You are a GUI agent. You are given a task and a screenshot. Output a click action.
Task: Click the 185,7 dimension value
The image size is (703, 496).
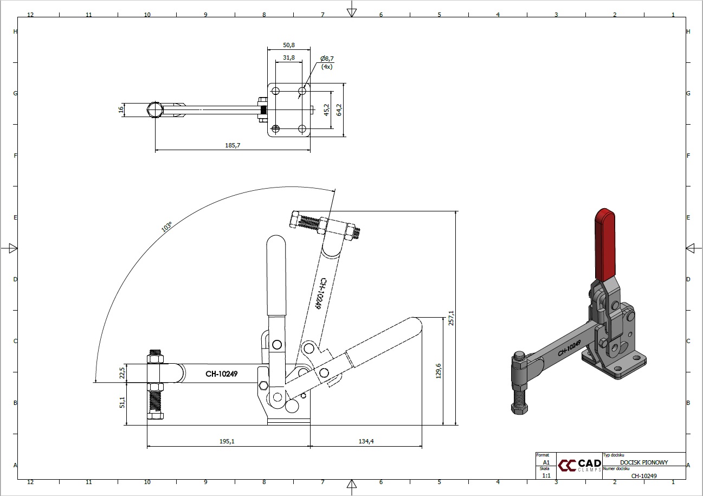tap(233, 145)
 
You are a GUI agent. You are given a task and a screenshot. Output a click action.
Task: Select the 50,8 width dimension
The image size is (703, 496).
tap(289, 45)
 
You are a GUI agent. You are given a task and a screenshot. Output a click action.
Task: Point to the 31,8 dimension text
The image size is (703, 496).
tap(289, 58)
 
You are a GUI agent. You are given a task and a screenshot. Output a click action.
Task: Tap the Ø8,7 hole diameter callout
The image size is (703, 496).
tap(327, 59)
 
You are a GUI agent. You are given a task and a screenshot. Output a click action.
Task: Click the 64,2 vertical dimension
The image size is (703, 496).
tap(339, 110)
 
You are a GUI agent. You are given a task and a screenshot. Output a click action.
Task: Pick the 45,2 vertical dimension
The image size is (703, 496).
tap(326, 110)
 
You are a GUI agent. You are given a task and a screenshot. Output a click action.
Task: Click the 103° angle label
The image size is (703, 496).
tap(166, 227)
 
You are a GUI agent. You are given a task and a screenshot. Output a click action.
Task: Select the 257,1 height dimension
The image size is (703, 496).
tap(451, 318)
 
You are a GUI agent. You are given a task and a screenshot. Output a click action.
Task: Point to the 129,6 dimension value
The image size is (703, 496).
tap(438, 371)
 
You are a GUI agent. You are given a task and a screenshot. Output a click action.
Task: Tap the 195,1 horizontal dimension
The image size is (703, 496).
tap(227, 441)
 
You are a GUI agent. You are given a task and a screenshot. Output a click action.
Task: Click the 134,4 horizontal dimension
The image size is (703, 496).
tap(366, 441)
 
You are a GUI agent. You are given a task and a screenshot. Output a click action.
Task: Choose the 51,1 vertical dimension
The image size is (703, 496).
tap(122, 402)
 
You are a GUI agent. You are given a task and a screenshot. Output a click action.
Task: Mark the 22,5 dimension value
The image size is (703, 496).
tap(122, 373)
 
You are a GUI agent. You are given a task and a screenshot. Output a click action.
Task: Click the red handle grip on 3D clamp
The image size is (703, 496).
tap(605, 245)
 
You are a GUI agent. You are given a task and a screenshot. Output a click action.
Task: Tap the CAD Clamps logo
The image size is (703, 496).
tap(579, 465)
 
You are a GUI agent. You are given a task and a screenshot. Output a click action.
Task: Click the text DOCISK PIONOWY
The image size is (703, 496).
tap(644, 462)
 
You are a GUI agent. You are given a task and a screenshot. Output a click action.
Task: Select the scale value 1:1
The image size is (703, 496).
tap(546, 475)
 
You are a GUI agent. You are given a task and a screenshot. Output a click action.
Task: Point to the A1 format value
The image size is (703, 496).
tap(546, 462)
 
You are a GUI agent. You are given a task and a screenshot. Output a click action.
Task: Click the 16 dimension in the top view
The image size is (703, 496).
tap(121, 109)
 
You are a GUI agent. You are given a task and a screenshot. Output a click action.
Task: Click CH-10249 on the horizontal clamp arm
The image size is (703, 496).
tap(222, 374)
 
